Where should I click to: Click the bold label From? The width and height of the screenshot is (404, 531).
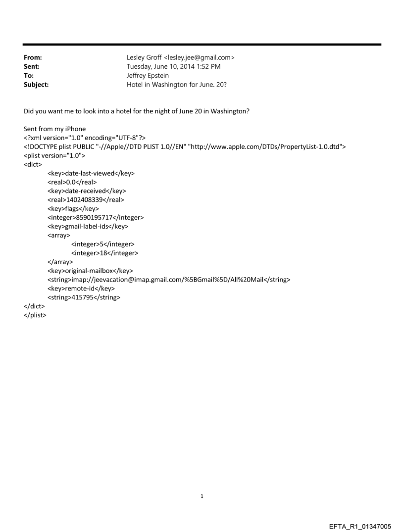[32, 58]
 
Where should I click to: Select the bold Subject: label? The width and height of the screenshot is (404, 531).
[35, 85]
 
